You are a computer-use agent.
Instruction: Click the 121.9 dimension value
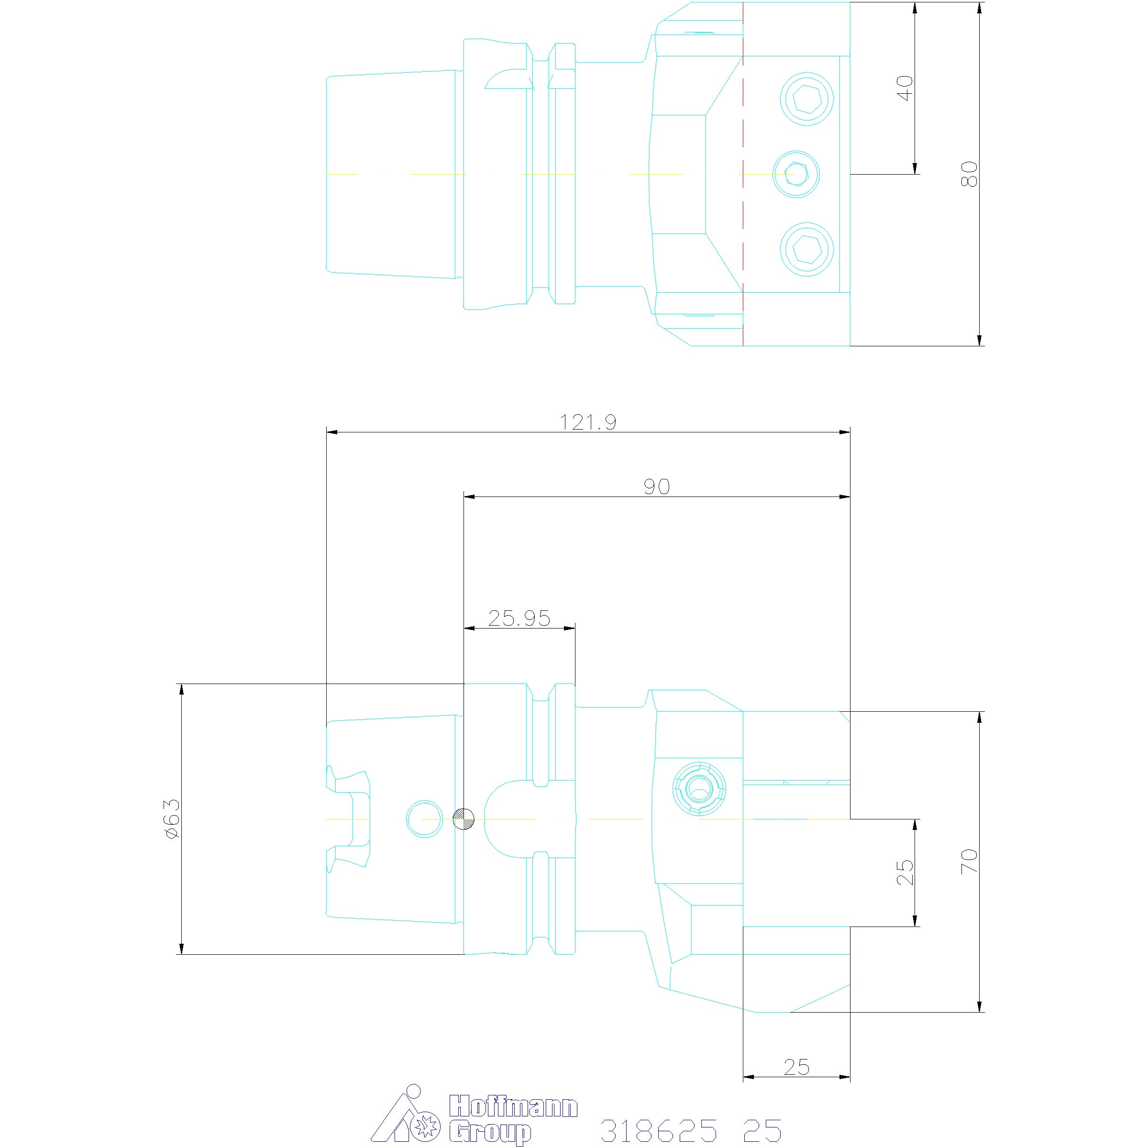point(588,422)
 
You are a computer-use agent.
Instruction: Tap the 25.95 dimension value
point(519,618)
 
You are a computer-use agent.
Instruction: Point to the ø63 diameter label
point(171,819)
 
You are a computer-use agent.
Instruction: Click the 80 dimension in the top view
point(969,174)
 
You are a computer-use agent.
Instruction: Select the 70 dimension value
point(969,861)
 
